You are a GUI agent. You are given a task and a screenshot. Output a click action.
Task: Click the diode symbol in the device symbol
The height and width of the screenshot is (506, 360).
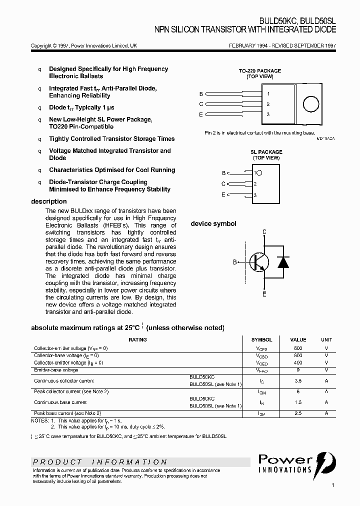(283, 261)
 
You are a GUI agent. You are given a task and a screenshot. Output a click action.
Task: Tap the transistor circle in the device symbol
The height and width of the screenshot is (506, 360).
(259, 261)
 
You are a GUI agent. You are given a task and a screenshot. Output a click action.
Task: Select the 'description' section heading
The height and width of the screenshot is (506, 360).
(48, 201)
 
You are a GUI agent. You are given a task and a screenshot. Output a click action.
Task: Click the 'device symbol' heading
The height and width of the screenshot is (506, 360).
(213, 224)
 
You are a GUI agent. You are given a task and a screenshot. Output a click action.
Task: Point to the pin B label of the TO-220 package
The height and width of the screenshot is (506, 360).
(201, 94)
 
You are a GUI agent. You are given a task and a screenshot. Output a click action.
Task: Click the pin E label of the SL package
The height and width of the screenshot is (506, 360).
(223, 194)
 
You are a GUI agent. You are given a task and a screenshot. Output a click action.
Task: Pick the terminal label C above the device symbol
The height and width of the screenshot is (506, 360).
(264, 232)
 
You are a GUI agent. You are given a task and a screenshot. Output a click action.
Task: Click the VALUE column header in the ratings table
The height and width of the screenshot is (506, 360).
(298, 339)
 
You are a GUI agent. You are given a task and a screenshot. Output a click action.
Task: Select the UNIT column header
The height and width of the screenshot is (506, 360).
(326, 339)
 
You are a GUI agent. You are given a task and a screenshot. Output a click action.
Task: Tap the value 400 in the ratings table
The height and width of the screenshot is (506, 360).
(298, 362)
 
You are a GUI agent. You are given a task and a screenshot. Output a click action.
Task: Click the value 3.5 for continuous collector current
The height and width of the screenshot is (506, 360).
(298, 380)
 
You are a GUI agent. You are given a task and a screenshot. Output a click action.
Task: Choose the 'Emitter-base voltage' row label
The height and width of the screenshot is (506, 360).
(56, 370)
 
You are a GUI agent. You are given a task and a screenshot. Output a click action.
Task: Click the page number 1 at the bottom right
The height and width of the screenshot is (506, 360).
(332, 485)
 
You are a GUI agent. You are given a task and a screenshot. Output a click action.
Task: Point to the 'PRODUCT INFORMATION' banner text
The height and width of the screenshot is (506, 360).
(100, 462)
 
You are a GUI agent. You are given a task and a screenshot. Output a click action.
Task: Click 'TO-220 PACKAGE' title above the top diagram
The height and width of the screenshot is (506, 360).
(259, 71)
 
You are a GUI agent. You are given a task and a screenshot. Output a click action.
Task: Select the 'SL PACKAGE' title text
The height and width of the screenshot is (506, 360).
(266, 152)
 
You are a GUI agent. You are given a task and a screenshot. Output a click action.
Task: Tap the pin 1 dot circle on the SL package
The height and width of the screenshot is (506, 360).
(259, 173)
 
